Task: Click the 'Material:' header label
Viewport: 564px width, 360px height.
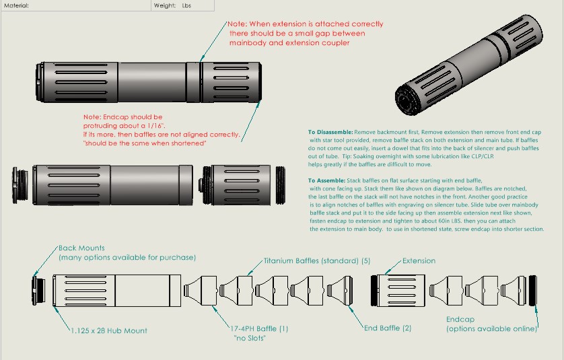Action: point(16,5)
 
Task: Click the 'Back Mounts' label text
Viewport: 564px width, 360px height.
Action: point(81,248)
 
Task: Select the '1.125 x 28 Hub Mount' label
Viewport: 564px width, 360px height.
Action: point(109,330)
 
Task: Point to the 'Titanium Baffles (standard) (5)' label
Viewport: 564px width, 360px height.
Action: point(317,260)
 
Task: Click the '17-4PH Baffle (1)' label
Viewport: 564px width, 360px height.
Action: point(258,328)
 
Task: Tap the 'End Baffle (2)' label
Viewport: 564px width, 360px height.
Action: point(388,328)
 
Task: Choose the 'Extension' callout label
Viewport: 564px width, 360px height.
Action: point(419,260)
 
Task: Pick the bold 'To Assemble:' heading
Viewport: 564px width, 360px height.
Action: point(326,181)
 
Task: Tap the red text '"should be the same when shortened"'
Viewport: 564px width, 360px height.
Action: point(144,143)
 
